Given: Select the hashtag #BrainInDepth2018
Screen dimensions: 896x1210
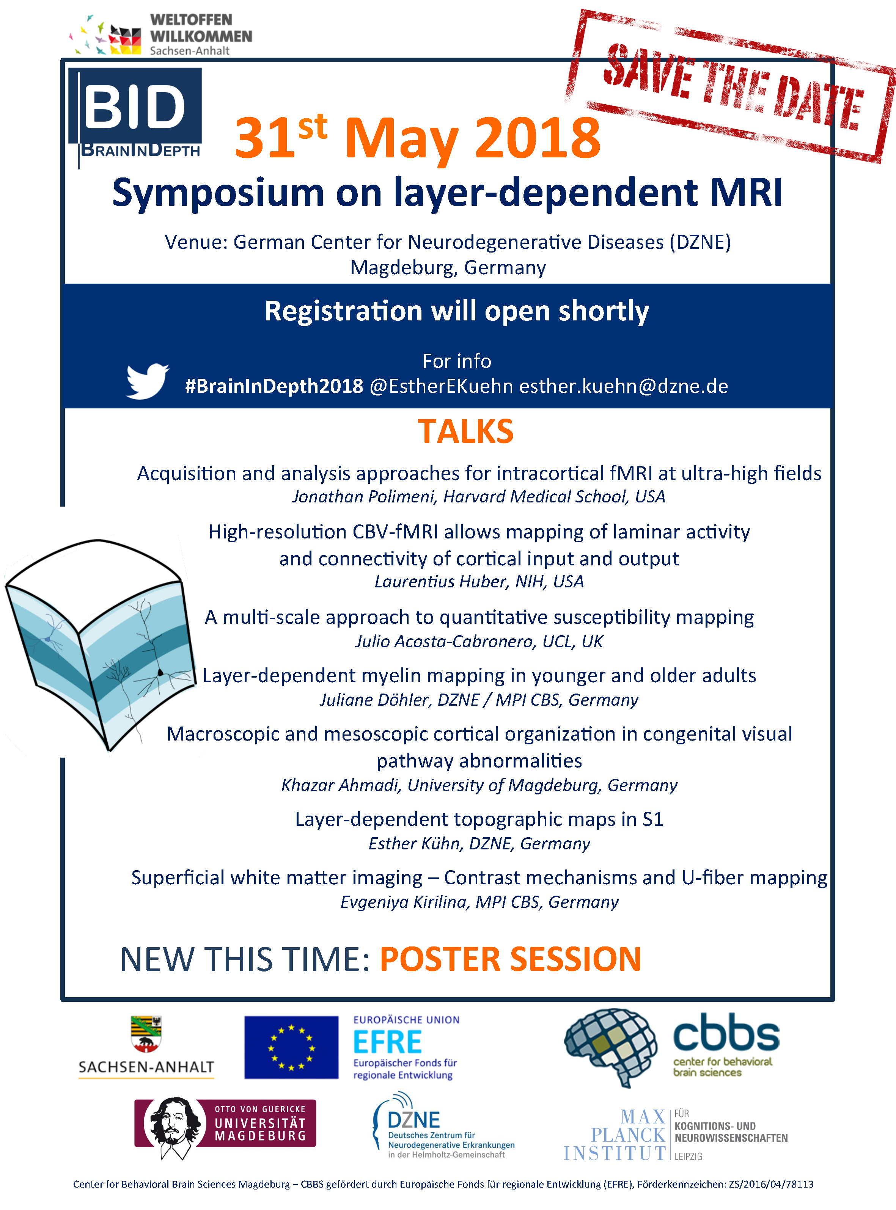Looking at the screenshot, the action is coord(274,386).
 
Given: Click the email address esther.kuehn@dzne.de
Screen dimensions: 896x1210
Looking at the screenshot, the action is coord(624,386).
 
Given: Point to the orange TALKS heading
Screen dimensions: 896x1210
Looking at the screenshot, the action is coord(465,432).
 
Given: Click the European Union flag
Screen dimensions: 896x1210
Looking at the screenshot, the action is coord(291,1047).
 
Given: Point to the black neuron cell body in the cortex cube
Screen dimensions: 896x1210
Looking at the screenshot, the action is coord(160,673).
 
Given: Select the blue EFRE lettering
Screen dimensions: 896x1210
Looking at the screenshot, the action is coord(387,1042).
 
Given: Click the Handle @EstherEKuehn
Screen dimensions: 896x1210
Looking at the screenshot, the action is coord(442,386).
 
